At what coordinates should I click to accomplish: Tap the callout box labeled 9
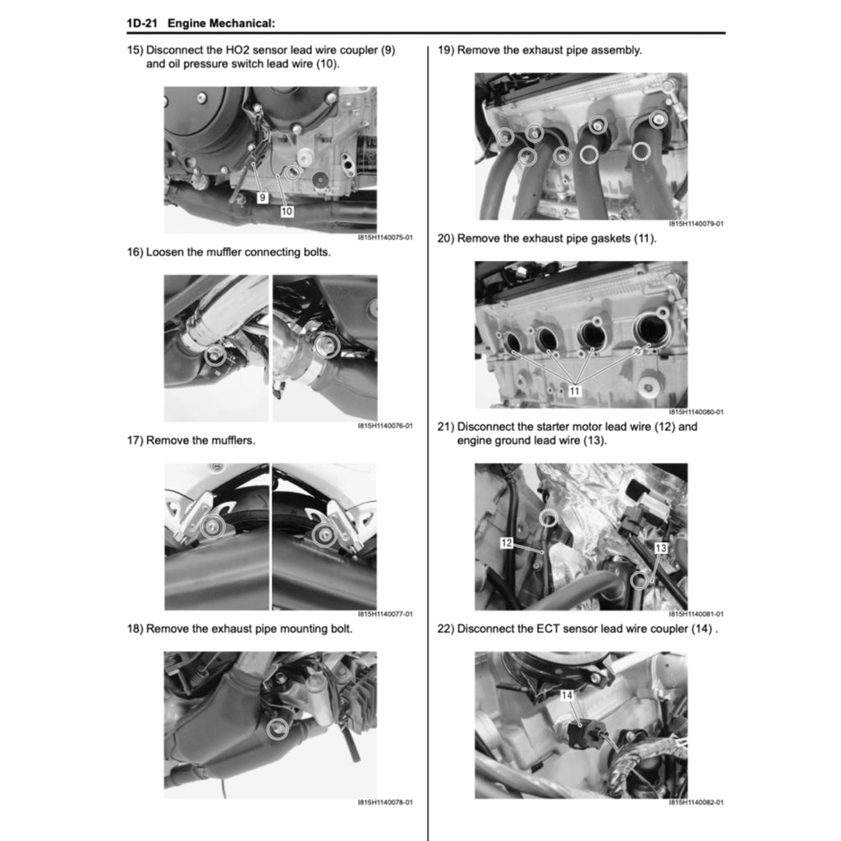261,198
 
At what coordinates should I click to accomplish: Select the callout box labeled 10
287,211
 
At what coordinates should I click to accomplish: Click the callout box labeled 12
507,543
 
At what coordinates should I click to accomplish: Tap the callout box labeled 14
566,696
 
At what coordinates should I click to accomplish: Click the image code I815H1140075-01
384,237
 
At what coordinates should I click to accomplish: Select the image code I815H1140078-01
384,802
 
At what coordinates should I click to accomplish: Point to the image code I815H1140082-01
696,802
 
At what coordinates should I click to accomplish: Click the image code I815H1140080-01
696,412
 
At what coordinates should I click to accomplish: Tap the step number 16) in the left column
135,252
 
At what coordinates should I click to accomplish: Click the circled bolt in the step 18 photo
278,726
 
